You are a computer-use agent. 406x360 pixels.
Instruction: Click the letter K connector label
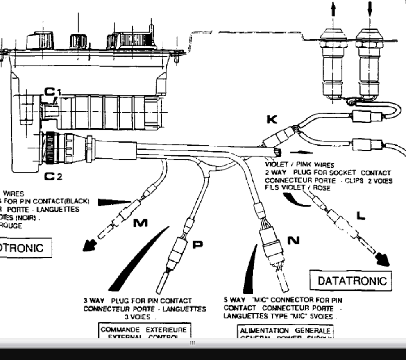[272, 120]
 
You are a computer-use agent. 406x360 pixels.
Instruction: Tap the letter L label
[361, 216]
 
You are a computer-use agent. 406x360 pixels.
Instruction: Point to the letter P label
[197, 244]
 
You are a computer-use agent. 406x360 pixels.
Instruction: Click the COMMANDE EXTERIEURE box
[143, 331]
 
